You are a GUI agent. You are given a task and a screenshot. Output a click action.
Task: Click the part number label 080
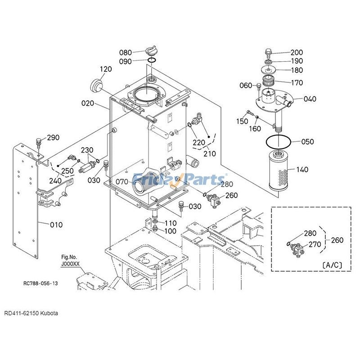[x=126, y=53]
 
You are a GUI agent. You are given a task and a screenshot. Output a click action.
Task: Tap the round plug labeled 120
[x=97, y=85]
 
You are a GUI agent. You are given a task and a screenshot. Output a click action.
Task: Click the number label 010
[x=56, y=225]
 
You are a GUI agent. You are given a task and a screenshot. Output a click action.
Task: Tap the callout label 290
[x=54, y=137]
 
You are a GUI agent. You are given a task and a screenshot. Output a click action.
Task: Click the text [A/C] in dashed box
[x=332, y=265]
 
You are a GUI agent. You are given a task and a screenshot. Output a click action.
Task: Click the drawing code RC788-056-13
[x=40, y=283]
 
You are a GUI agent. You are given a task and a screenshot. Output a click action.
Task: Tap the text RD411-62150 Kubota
[x=31, y=313]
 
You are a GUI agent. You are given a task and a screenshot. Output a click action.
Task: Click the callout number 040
[x=309, y=99]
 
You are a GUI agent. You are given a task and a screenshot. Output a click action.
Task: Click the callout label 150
[x=242, y=121]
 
